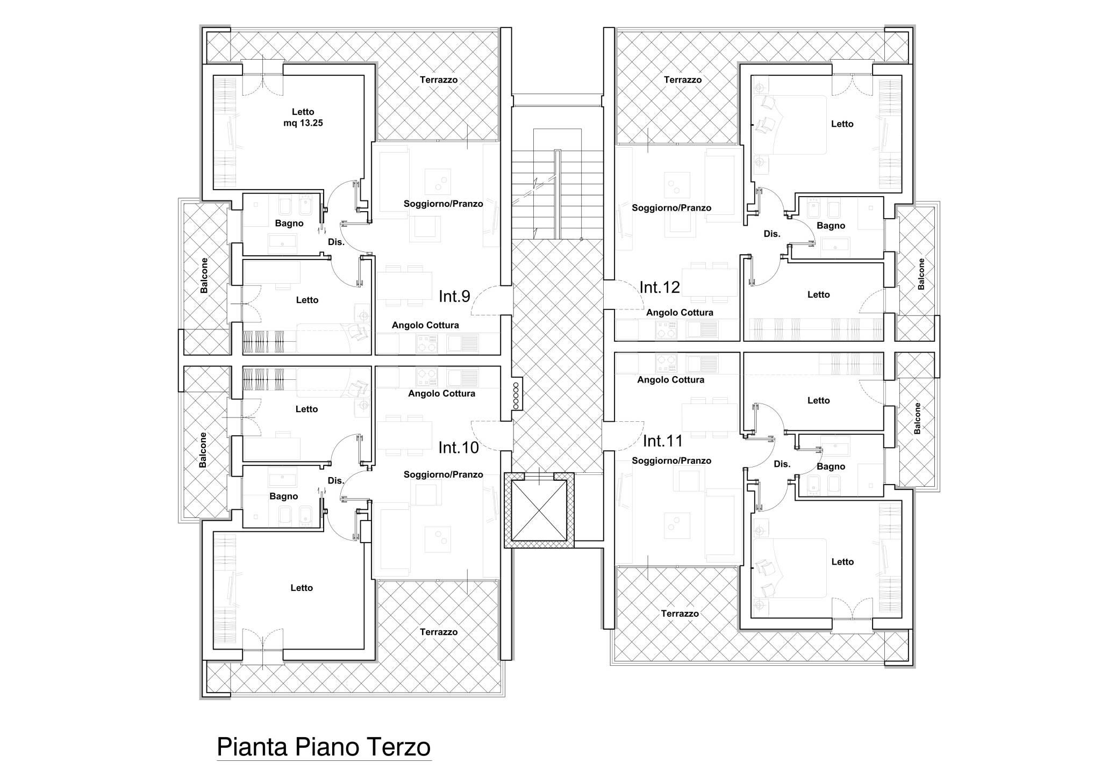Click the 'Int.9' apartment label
454,296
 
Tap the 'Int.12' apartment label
660,287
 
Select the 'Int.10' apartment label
459,448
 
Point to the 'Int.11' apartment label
663,441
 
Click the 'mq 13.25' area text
303,123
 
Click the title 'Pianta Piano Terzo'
324,747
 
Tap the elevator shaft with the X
539,510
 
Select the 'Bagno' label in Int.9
289,224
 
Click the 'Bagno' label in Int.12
831,226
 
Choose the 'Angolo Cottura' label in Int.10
441,393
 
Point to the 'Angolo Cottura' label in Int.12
680,312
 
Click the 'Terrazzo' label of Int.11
680,614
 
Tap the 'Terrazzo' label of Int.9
439,80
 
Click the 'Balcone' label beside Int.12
921,274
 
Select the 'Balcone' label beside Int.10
203,450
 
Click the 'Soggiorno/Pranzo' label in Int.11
671,461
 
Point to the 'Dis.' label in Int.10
336,481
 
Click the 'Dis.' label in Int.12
772,234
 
